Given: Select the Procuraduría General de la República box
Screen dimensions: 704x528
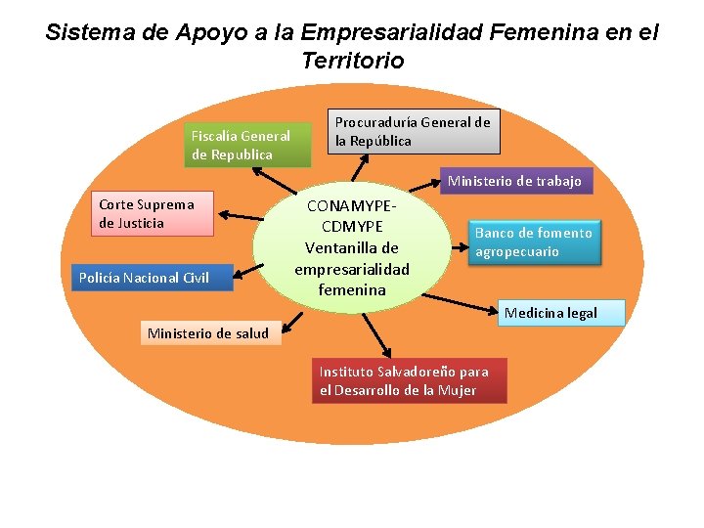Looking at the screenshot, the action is pos(413,131).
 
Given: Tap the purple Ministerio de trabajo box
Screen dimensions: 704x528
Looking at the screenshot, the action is pos(514,180).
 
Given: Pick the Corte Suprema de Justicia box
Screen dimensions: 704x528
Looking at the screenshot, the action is pos(154,214).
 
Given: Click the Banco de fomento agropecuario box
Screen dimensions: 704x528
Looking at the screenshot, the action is pos(533,242).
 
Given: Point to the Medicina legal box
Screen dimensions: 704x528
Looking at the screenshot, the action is pos(550,313).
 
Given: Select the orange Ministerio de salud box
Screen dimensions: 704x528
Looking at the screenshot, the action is pos(207,333).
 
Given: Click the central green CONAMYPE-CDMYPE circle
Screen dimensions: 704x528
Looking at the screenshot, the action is pos(352,247).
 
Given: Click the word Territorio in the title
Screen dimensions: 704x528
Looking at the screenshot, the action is pos(352,61).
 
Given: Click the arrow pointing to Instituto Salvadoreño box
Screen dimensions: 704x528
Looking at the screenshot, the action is pos(377,334).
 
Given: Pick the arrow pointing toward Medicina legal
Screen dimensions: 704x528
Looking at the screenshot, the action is pos(460,306).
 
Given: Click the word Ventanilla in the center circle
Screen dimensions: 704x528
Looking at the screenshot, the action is pos(352,247).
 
